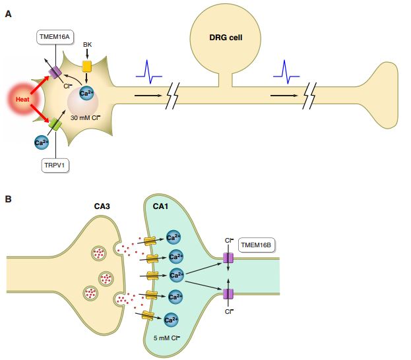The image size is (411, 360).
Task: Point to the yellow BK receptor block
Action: pos(86,67)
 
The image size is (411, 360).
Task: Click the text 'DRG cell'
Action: pos(226,38)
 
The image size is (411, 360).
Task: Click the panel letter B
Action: pos(8,197)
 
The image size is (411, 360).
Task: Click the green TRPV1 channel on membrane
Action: pos(55,123)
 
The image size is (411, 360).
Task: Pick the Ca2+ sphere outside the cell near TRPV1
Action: pos(41,140)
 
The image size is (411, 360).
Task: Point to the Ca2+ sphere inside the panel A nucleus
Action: pos(86,94)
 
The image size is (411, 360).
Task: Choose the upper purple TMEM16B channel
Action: pos(228,259)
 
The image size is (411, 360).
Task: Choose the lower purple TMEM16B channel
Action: pos(228,293)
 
